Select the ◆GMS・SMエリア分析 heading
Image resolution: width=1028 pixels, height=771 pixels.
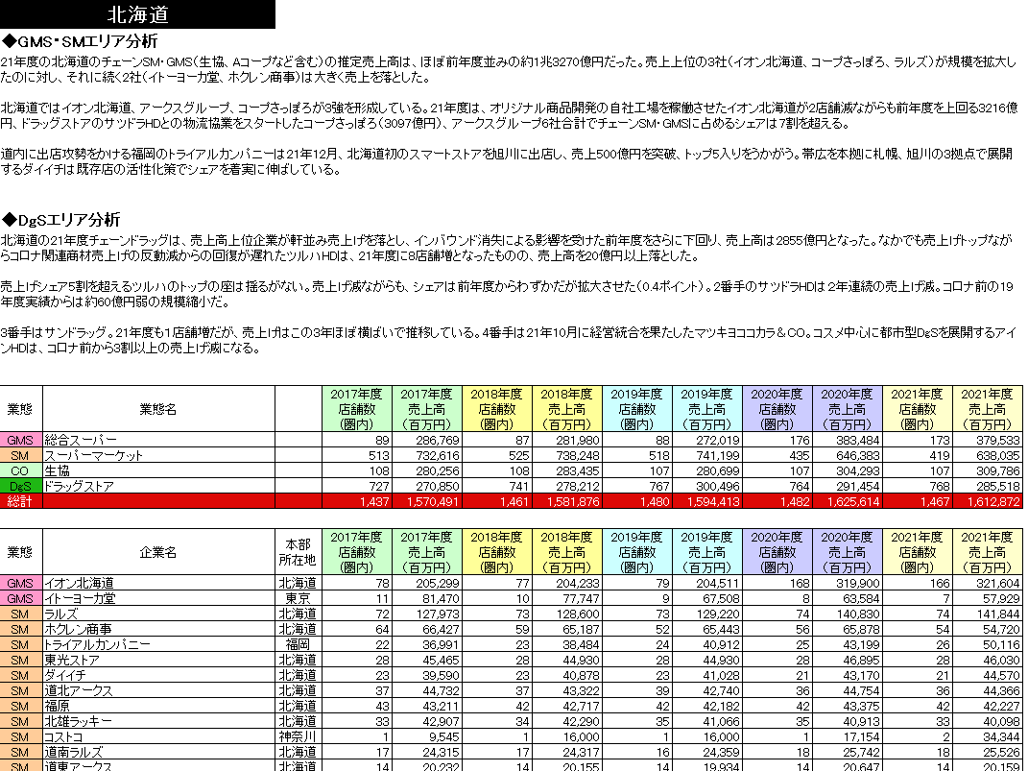point(80,41)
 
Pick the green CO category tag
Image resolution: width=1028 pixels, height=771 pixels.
point(19,470)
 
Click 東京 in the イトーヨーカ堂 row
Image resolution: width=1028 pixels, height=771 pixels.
point(297,598)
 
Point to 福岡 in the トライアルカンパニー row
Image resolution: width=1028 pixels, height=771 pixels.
point(297,643)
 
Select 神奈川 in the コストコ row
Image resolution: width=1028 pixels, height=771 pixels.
point(297,735)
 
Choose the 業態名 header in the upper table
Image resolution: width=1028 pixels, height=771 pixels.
point(157,409)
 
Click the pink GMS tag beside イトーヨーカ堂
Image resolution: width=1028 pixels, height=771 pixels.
point(19,598)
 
